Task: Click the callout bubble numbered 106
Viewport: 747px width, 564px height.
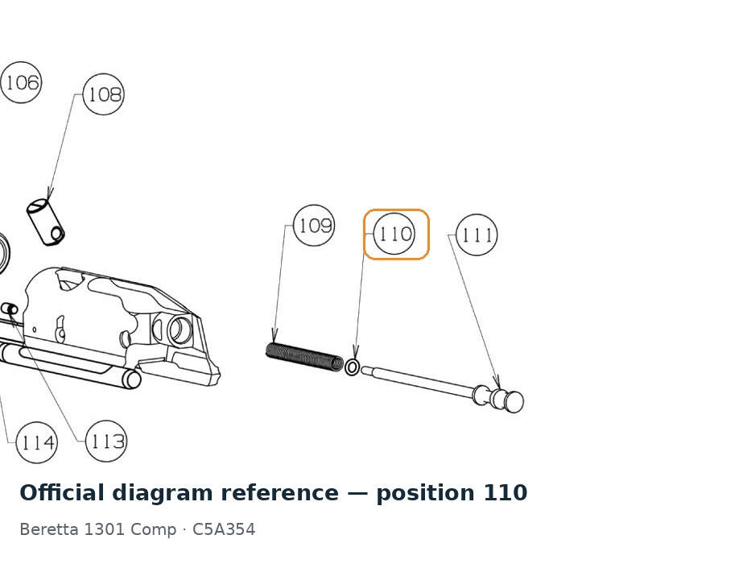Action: pyautogui.click(x=22, y=82)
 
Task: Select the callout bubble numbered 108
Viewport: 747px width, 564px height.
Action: pyautogui.click(x=103, y=94)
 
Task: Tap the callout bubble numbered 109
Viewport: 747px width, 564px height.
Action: pyautogui.click(x=314, y=225)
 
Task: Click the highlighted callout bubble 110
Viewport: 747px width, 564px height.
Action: pyautogui.click(x=394, y=234)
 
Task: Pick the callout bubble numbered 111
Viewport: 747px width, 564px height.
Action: pyautogui.click(x=477, y=234)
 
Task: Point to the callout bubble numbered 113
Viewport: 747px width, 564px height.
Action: pyautogui.click(x=106, y=441)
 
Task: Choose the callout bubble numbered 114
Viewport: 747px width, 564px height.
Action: pyautogui.click(x=37, y=442)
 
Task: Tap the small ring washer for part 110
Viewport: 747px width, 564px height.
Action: pyautogui.click(x=352, y=367)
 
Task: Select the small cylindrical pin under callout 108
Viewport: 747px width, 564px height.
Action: pyautogui.click(x=45, y=222)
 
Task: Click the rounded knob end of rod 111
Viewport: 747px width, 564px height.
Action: pyautogui.click(x=514, y=401)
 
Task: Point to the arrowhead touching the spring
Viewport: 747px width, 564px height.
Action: pyautogui.click(x=274, y=335)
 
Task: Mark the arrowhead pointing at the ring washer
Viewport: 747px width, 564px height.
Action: pyautogui.click(x=356, y=352)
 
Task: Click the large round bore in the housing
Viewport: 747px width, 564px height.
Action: pyautogui.click(x=180, y=329)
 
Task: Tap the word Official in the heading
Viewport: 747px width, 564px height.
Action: pyautogui.click(x=62, y=492)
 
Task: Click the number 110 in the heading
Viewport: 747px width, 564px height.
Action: pyautogui.click(x=506, y=492)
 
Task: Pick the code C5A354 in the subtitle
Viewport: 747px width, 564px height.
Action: pyautogui.click(x=224, y=529)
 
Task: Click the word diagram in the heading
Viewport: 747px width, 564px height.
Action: pyautogui.click(x=163, y=493)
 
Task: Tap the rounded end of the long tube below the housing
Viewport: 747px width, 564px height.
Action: pyautogui.click(x=132, y=379)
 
